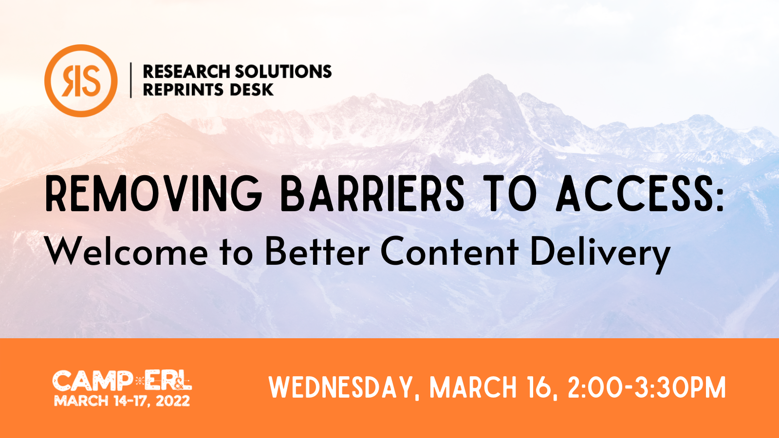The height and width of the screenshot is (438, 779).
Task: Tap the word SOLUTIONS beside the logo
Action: click(x=283, y=71)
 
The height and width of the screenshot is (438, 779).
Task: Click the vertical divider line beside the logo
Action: click(x=131, y=80)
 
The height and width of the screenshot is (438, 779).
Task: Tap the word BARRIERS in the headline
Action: click(x=372, y=193)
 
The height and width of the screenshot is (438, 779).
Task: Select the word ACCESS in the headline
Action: click(x=634, y=193)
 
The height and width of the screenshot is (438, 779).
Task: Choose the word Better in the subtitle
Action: click(x=317, y=251)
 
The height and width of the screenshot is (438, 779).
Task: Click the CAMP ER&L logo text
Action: click(x=122, y=381)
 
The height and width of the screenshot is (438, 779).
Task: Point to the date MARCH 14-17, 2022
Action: click(x=122, y=401)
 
